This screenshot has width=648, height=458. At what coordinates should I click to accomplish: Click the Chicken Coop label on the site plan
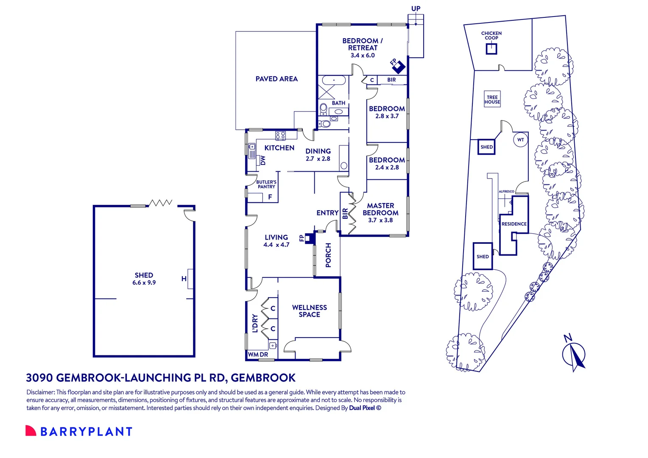(491, 36)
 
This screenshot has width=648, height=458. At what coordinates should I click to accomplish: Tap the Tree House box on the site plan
(492, 100)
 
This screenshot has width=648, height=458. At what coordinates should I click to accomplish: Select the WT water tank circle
(520, 140)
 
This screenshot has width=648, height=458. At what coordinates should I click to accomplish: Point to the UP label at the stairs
(416, 8)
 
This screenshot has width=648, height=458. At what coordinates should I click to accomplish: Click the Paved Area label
(277, 79)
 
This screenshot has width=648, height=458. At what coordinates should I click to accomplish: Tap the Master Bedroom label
(380, 209)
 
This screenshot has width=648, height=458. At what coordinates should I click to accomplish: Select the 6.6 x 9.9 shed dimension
(144, 283)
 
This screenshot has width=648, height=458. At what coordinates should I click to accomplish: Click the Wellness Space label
(309, 311)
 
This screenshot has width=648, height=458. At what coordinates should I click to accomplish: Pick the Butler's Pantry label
(266, 184)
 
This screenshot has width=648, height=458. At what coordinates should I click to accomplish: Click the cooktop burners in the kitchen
(280, 136)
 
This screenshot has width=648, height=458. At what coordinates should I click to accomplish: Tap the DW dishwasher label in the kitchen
(263, 160)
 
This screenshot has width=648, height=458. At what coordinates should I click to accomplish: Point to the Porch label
(328, 255)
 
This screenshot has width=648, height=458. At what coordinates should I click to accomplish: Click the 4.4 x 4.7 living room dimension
(276, 245)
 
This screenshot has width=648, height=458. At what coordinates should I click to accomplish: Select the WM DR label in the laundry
(258, 355)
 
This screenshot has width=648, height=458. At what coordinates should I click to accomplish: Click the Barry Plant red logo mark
(31, 431)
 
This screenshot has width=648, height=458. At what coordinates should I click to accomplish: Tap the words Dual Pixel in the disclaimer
(362, 408)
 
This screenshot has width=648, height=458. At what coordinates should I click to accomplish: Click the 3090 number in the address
(39, 377)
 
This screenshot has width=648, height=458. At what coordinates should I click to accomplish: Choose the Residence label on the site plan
(514, 224)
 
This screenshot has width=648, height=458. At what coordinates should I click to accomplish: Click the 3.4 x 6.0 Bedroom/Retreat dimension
(363, 56)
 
